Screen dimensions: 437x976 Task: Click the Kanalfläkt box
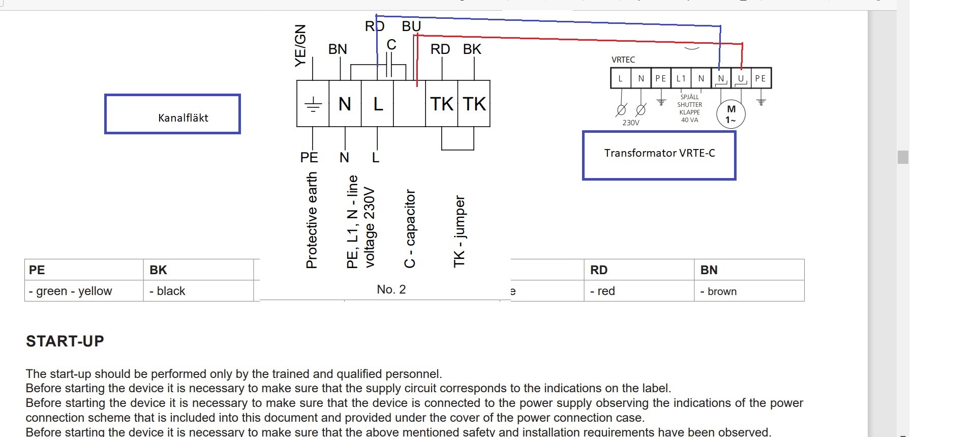pyautogui.click(x=172, y=114)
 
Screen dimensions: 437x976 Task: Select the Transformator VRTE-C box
pyautogui.click(x=659, y=155)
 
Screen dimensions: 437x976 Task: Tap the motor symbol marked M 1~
pyautogui.click(x=730, y=114)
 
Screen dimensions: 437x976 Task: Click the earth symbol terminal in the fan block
pyautogui.click(x=313, y=104)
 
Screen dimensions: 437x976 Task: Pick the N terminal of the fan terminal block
pyautogui.click(x=345, y=104)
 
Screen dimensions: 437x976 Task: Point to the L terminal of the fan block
pyautogui.click(x=378, y=104)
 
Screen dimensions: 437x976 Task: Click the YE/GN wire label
pyautogui.click(x=300, y=45)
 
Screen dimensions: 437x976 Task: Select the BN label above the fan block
pyautogui.click(x=338, y=49)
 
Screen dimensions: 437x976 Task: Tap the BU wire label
pyautogui.click(x=411, y=26)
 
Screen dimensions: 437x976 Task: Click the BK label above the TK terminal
pyautogui.click(x=472, y=49)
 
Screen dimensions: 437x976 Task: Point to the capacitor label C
pyautogui.click(x=391, y=45)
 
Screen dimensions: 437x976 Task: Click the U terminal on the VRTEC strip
pyautogui.click(x=741, y=78)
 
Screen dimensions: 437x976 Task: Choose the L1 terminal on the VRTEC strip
pyautogui.click(x=681, y=78)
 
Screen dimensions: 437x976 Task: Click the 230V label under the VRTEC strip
pyautogui.click(x=631, y=123)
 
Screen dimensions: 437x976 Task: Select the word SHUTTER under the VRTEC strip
pyautogui.click(x=689, y=105)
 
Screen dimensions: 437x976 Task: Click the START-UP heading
pyautogui.click(x=65, y=341)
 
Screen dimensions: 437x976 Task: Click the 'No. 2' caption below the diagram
pyautogui.click(x=391, y=289)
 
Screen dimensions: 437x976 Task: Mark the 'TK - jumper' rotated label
pyautogui.click(x=460, y=231)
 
